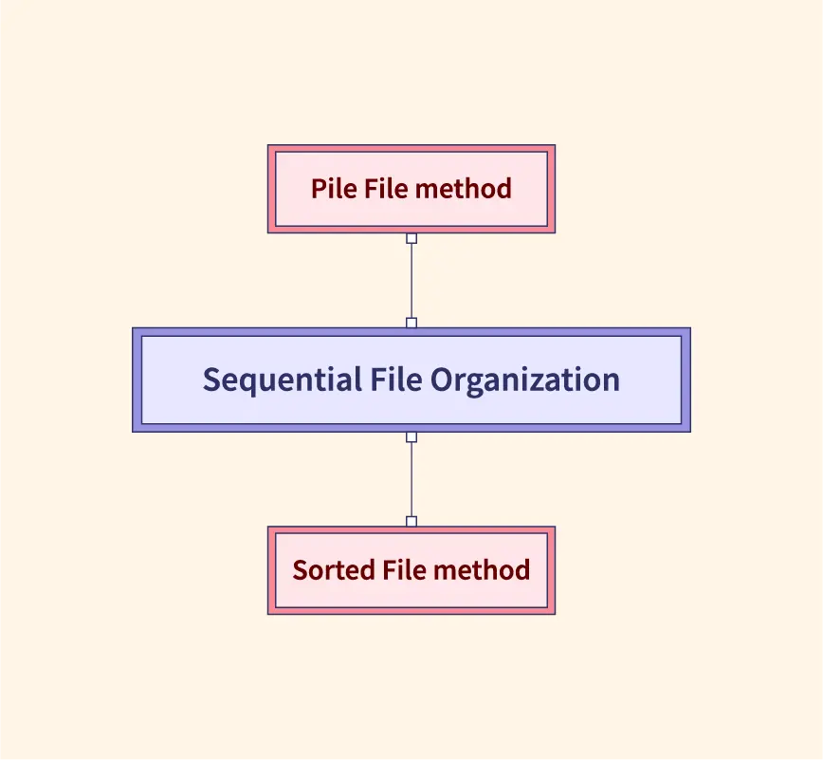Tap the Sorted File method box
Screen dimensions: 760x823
[x=411, y=593]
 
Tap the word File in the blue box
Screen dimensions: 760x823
[x=393, y=380]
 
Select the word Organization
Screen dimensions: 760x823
[x=524, y=380]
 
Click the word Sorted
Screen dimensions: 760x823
[x=333, y=570]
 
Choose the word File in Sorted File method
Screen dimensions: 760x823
[x=404, y=570]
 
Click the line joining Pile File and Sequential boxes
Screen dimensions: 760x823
[x=411, y=280]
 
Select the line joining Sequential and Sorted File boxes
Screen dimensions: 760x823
[x=411, y=479]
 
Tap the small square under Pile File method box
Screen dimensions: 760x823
[x=411, y=238]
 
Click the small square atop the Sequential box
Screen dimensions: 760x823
[x=411, y=323]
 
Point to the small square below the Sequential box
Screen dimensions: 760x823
[x=411, y=437]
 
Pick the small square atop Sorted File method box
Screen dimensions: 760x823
[x=411, y=522]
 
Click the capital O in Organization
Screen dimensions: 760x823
[x=441, y=380]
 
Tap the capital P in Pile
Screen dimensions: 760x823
[x=318, y=189]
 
